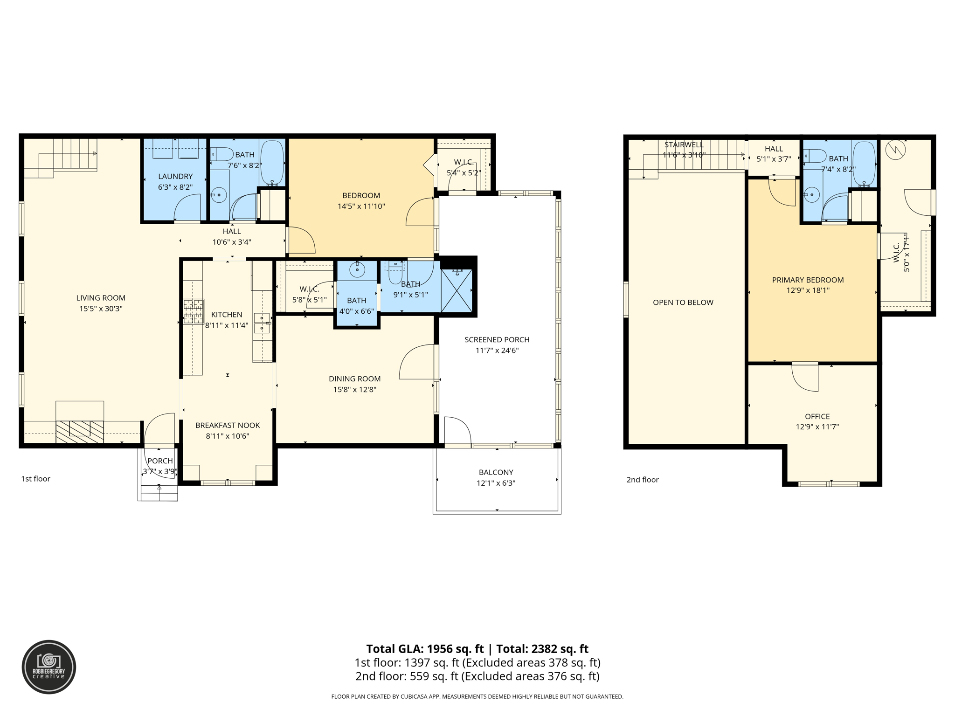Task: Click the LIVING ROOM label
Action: pos(101,298)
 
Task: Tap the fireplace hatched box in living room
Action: pos(79,432)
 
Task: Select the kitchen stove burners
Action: pos(193,311)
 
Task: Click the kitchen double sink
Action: pos(262,323)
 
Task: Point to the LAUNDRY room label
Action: pos(175,176)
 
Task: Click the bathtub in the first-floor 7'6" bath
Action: pos(272,163)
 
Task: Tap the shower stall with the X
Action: pos(457,290)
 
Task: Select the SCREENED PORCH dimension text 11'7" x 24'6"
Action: pos(497,351)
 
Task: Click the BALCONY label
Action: pos(496,472)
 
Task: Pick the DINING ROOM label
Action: pos(355,379)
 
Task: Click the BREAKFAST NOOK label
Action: pos(228,425)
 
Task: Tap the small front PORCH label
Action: pos(160,461)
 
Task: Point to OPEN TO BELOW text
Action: pos(683,303)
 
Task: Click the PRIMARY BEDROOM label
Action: pos(808,280)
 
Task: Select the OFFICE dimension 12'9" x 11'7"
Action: pos(817,427)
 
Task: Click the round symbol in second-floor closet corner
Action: pos(895,149)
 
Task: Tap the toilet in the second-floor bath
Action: pos(815,155)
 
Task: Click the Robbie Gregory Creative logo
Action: pos(49,667)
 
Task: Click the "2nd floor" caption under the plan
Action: pos(642,480)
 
